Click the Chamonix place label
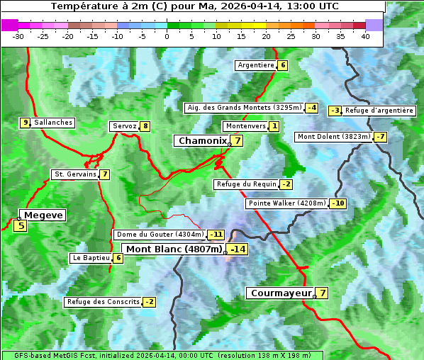click(201, 141)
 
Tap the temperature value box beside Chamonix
click(238, 141)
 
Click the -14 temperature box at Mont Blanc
click(238, 249)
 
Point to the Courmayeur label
click(281, 293)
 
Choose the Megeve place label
click(44, 215)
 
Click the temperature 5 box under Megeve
click(21, 226)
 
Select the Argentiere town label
click(256, 65)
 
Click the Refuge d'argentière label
click(379, 111)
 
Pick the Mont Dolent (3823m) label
click(334, 137)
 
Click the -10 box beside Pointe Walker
click(338, 203)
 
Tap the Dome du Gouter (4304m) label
click(160, 235)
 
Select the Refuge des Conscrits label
click(103, 302)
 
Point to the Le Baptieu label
click(91, 258)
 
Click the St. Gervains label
click(75, 174)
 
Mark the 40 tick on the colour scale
click(365, 36)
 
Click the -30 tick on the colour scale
click(18, 36)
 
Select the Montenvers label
click(245, 126)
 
